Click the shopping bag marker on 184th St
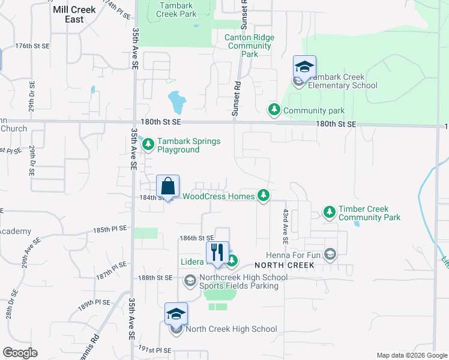click(168, 187)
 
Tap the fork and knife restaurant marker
click(217, 253)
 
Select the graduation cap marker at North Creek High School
click(176, 314)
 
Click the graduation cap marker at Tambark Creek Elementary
click(304, 67)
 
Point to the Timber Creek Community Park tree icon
click(329, 212)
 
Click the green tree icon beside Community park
click(274, 109)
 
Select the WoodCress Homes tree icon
click(263, 195)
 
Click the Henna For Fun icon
click(330, 254)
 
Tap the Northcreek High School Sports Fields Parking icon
click(190, 280)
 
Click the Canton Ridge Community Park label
click(249, 46)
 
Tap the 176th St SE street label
click(32, 46)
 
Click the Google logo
click(19, 353)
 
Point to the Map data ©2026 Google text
click(411, 355)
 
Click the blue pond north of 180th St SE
click(176, 102)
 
